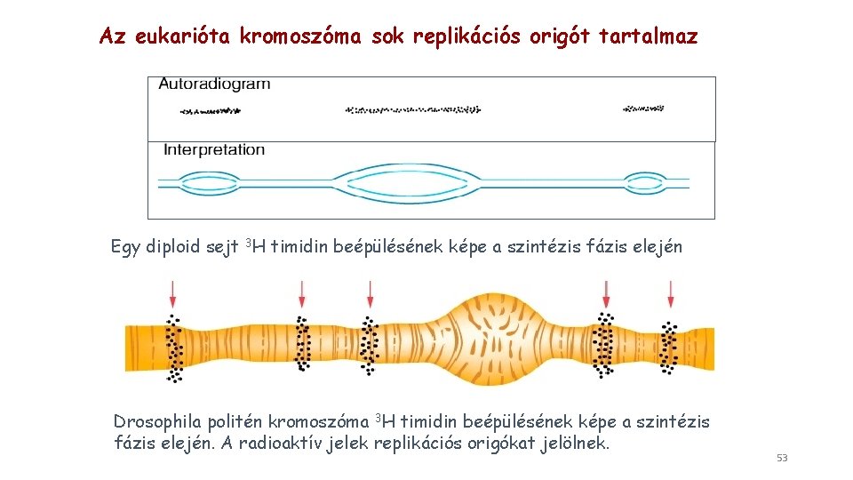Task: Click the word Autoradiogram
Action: click(214, 84)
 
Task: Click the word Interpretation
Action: click(214, 150)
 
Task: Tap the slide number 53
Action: click(782, 458)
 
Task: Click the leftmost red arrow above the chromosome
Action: click(173, 292)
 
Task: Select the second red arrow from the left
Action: click(302, 292)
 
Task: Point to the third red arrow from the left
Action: click(371, 292)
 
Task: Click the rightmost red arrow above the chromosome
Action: click(671, 292)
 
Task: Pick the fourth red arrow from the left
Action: click(606, 292)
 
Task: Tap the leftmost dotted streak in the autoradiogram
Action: click(211, 111)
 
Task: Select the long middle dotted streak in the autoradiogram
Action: click(412, 110)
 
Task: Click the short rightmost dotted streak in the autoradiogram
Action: click(643, 108)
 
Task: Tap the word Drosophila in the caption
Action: click(157, 421)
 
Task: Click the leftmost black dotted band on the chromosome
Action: click(174, 348)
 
